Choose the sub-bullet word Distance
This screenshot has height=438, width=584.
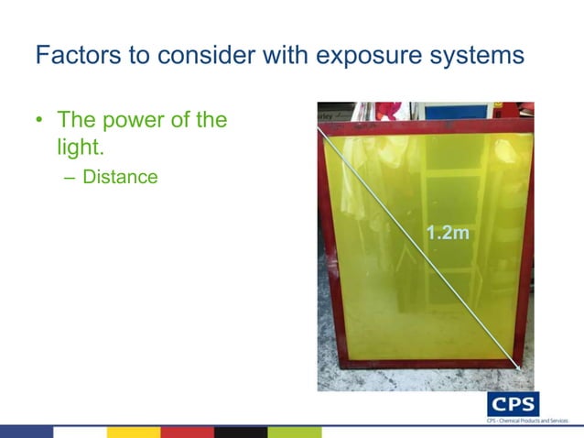tap(120, 176)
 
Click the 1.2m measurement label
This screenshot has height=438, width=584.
tap(449, 234)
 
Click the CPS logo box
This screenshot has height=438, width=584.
tap(512, 404)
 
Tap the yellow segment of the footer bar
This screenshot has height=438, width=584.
tap(134, 432)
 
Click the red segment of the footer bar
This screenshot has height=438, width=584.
tap(188, 432)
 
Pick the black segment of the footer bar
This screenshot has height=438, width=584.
tap(241, 432)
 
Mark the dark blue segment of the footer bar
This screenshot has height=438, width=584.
tap(27, 432)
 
